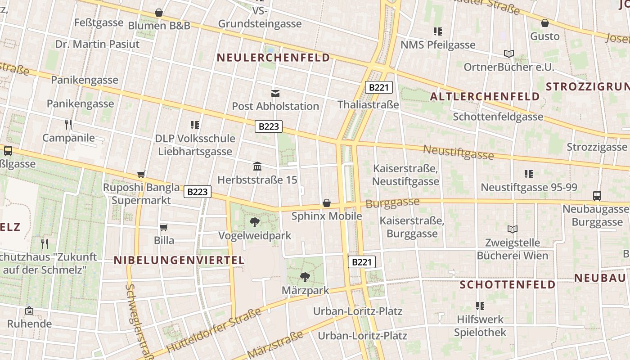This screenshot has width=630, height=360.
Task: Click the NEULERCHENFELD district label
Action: click(x=274, y=58)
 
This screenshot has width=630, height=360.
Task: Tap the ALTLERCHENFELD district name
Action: click(x=485, y=96)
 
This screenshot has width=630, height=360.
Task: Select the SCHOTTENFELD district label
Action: click(x=508, y=284)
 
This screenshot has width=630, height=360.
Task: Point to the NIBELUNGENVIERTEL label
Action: click(x=179, y=260)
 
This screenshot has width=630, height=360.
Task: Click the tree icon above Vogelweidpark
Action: click(x=255, y=222)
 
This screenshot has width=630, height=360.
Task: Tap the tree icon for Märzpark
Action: click(x=305, y=277)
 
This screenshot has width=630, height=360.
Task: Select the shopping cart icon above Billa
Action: click(x=164, y=228)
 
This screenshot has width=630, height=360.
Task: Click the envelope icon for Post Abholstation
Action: click(x=275, y=94)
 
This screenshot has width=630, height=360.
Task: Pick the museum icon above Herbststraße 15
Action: click(x=257, y=166)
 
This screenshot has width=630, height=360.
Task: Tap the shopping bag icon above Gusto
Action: click(x=545, y=23)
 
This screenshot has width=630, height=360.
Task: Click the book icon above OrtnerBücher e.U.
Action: click(x=509, y=54)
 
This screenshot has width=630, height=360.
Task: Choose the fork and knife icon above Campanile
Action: click(x=68, y=124)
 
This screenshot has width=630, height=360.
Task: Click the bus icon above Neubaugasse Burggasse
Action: click(x=597, y=195)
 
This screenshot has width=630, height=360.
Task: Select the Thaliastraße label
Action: click(x=368, y=105)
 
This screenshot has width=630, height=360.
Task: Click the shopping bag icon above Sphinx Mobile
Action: click(x=327, y=203)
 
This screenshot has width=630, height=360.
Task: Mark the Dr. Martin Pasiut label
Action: click(x=97, y=44)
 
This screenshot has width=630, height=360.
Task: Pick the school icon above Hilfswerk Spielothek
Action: click(x=480, y=306)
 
